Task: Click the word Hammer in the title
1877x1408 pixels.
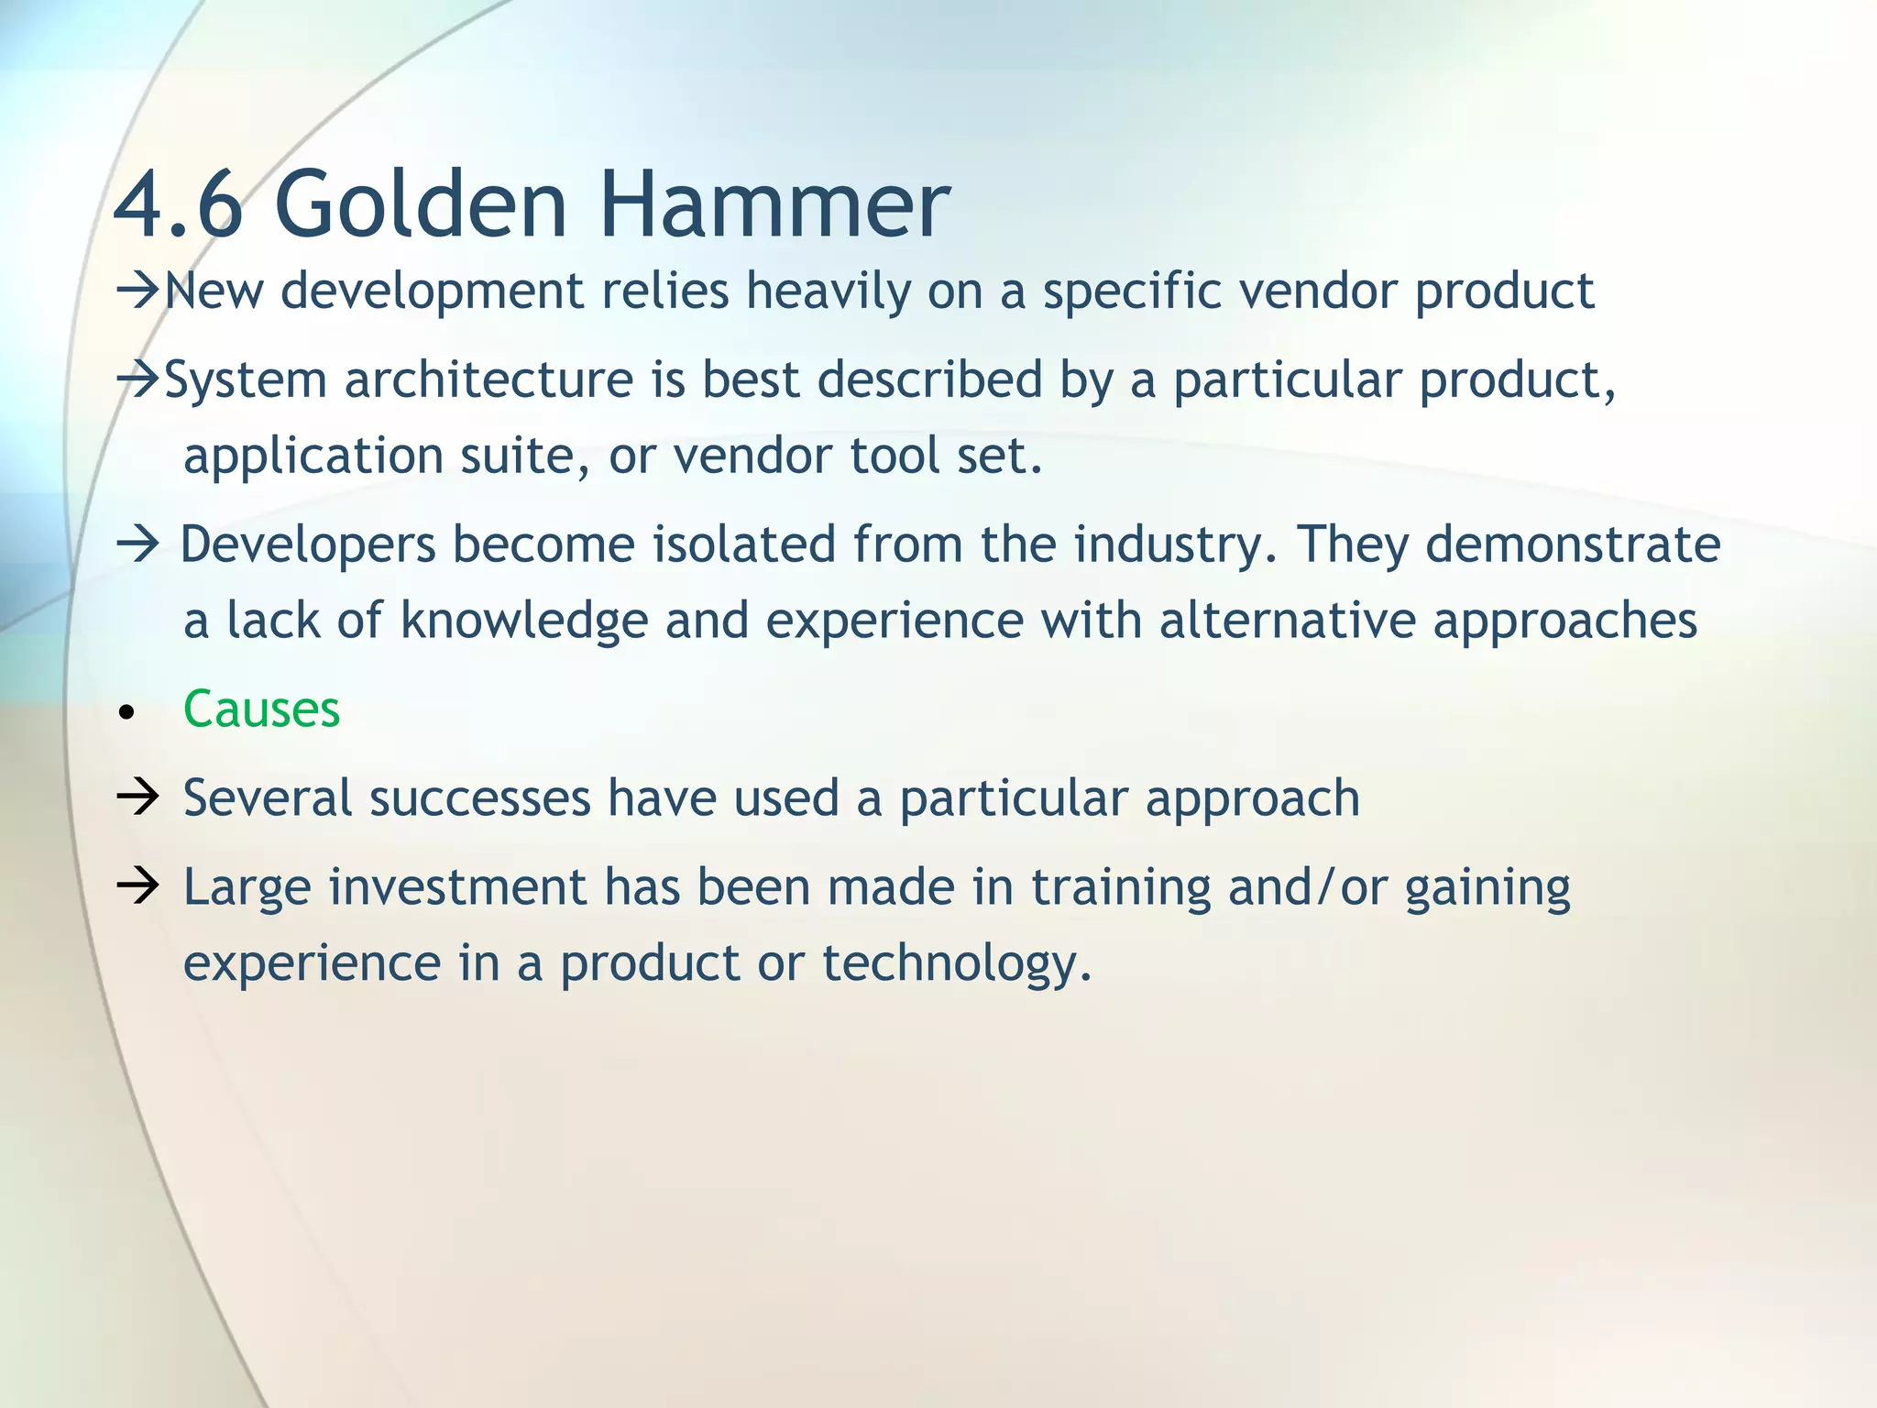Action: coord(774,203)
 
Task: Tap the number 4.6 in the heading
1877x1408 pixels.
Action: coord(179,203)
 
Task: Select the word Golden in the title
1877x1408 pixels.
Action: coord(421,203)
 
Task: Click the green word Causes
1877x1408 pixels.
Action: coord(261,709)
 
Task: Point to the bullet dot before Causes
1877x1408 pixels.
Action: coord(126,712)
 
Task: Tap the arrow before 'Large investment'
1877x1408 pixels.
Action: coord(138,886)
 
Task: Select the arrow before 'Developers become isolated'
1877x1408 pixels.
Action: coord(138,544)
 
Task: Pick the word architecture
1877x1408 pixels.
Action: coord(488,379)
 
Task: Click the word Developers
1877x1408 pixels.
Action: coord(308,545)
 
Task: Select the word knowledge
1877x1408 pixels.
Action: coord(524,621)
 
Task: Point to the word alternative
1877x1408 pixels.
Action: coord(1287,620)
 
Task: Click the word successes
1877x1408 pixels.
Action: coord(480,797)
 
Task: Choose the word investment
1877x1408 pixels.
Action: coord(458,886)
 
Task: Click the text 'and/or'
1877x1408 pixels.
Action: coord(1308,888)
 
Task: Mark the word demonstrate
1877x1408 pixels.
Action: coord(1573,544)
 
